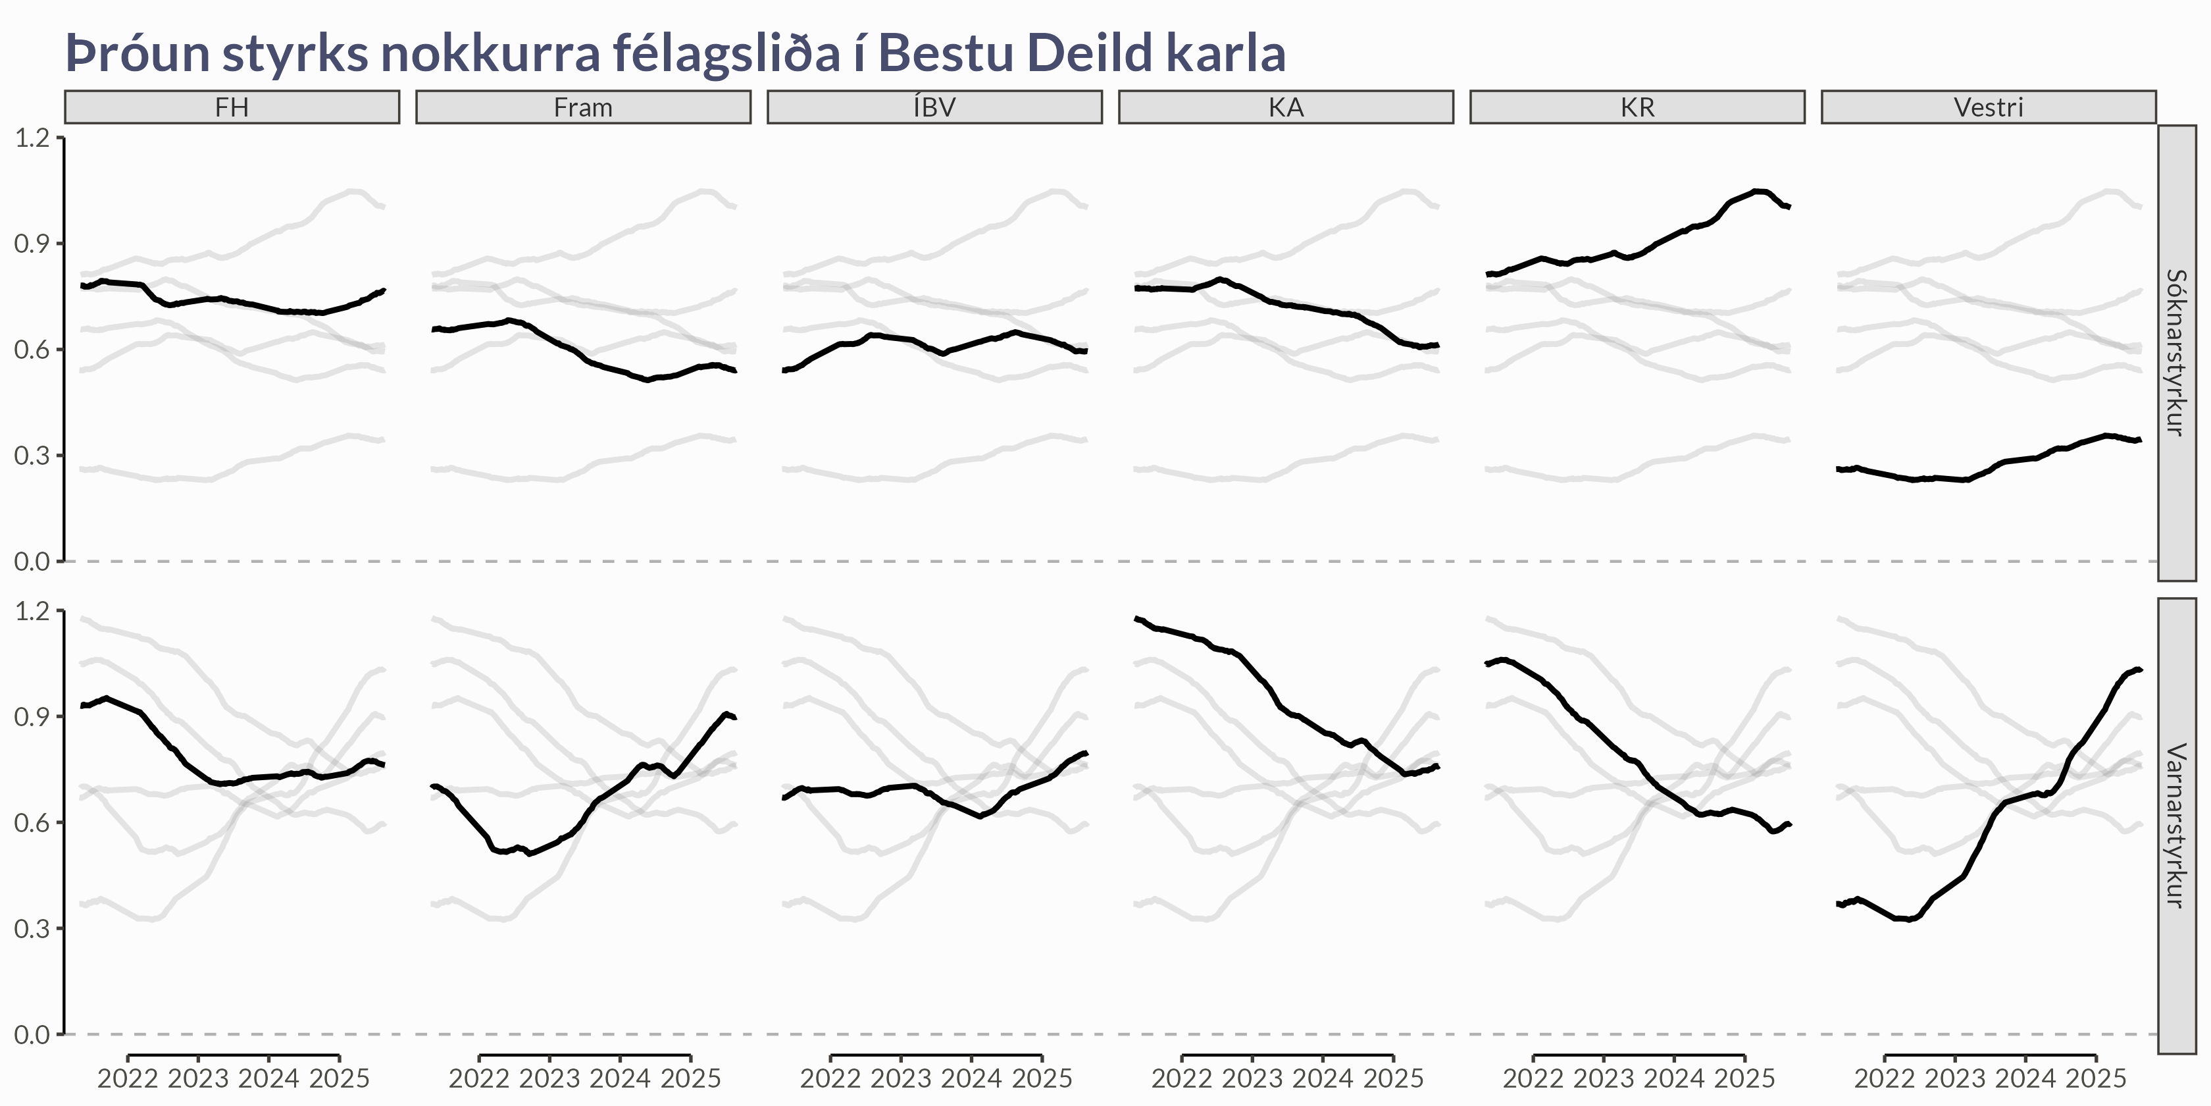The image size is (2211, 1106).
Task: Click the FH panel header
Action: click(232, 107)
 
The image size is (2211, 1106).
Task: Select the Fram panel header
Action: click(583, 107)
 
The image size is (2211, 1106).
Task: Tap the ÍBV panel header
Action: click(934, 107)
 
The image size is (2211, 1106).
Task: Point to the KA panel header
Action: click(1286, 107)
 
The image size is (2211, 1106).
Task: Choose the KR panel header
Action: click(1637, 107)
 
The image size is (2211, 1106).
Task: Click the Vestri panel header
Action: click(1988, 107)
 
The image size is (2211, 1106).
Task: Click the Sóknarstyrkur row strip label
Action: click(2176, 352)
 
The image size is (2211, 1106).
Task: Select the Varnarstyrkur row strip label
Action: click(2176, 825)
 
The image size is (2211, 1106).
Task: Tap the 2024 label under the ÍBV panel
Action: click(971, 1078)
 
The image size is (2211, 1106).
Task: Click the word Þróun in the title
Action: click(138, 53)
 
